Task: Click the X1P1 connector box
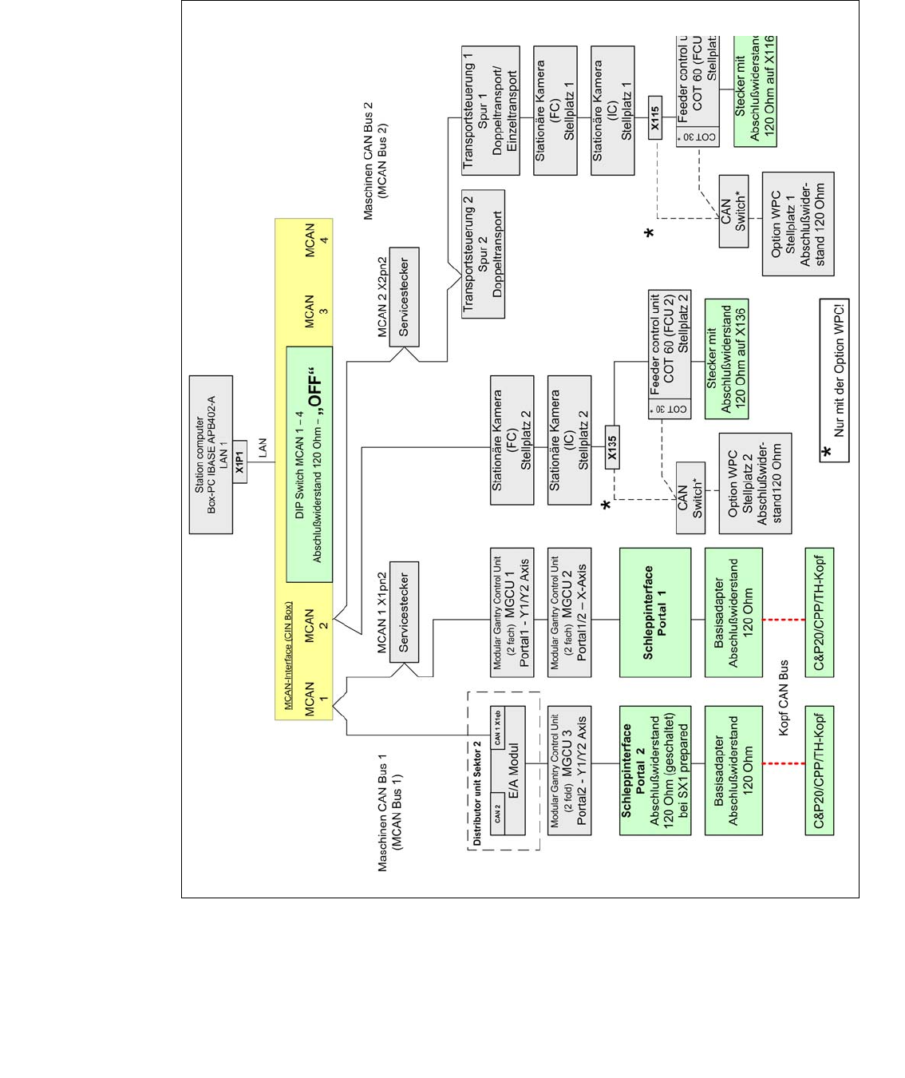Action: click(239, 466)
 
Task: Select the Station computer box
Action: click(211, 454)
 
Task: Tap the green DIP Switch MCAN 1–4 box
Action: click(309, 464)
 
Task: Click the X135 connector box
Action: click(612, 447)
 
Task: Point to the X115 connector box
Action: click(654, 117)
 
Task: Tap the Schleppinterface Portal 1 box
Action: click(654, 612)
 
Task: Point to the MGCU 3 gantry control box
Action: click(569, 771)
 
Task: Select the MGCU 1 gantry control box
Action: click(512, 612)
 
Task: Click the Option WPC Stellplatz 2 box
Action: click(755, 483)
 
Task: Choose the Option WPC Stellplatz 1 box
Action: click(797, 224)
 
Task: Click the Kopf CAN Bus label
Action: click(783, 697)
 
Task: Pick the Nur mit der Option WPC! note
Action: click(834, 380)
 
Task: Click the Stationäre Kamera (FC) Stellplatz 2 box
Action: click(512, 440)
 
